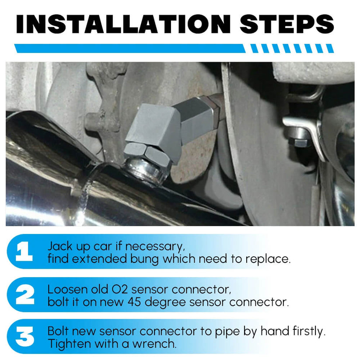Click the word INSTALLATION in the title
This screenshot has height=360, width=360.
click(x=123, y=24)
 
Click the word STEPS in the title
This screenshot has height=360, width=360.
click(x=287, y=24)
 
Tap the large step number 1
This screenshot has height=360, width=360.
click(x=24, y=251)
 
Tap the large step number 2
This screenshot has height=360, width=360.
click(x=25, y=294)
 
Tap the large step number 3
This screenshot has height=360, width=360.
click(x=25, y=336)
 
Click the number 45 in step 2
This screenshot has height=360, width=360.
click(x=134, y=302)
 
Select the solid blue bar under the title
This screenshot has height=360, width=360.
click(x=130, y=49)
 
